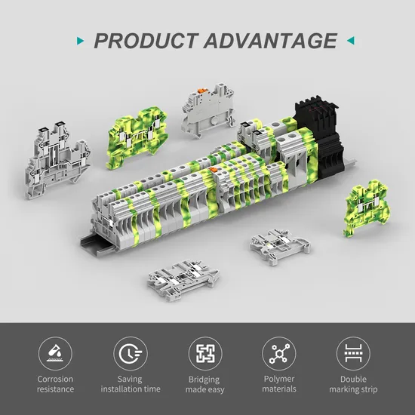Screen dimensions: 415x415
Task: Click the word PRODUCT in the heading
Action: point(146,41)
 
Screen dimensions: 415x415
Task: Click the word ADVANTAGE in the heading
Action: point(270,41)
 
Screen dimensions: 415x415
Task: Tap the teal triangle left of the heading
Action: point(80,41)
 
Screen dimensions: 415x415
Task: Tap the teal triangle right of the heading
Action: point(351,41)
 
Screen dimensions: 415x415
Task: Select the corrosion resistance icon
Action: point(55,353)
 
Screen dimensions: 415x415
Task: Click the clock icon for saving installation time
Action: point(131,353)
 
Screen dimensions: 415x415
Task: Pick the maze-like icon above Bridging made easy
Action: point(205,353)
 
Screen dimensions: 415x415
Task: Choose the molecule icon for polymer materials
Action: point(279,353)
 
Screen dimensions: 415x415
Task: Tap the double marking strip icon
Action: point(353,353)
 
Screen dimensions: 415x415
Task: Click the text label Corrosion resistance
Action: point(55,384)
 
